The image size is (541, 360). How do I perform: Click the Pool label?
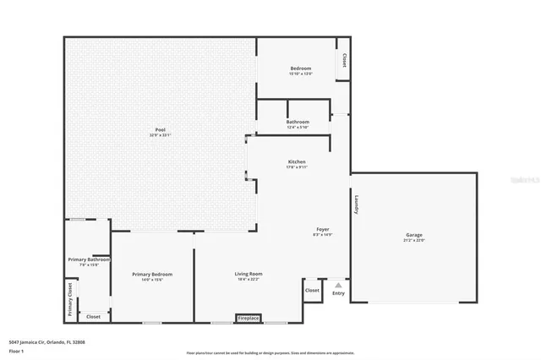coord(161,129)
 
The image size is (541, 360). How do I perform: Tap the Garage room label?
coord(413,235)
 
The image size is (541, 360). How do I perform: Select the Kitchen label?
coord(297,161)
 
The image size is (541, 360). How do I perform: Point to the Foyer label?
coord(323,229)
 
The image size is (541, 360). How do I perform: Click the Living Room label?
coord(249,274)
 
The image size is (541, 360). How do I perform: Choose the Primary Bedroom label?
coord(152,274)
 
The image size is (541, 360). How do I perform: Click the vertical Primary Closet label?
coord(69,299)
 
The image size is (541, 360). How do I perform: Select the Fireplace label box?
coord(249,319)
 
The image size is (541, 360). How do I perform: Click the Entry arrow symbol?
coord(338,285)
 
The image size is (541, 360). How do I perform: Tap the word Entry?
coord(338,293)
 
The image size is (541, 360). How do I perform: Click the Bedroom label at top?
coord(301,68)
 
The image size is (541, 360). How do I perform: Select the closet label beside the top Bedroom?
coord(344,61)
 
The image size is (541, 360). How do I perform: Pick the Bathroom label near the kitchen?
coord(297,122)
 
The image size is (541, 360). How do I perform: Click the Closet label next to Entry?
coord(312,290)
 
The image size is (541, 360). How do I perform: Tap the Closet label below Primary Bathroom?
coord(93,316)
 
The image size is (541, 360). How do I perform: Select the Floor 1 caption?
coord(15,350)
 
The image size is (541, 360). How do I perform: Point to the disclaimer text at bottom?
coord(270,352)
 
